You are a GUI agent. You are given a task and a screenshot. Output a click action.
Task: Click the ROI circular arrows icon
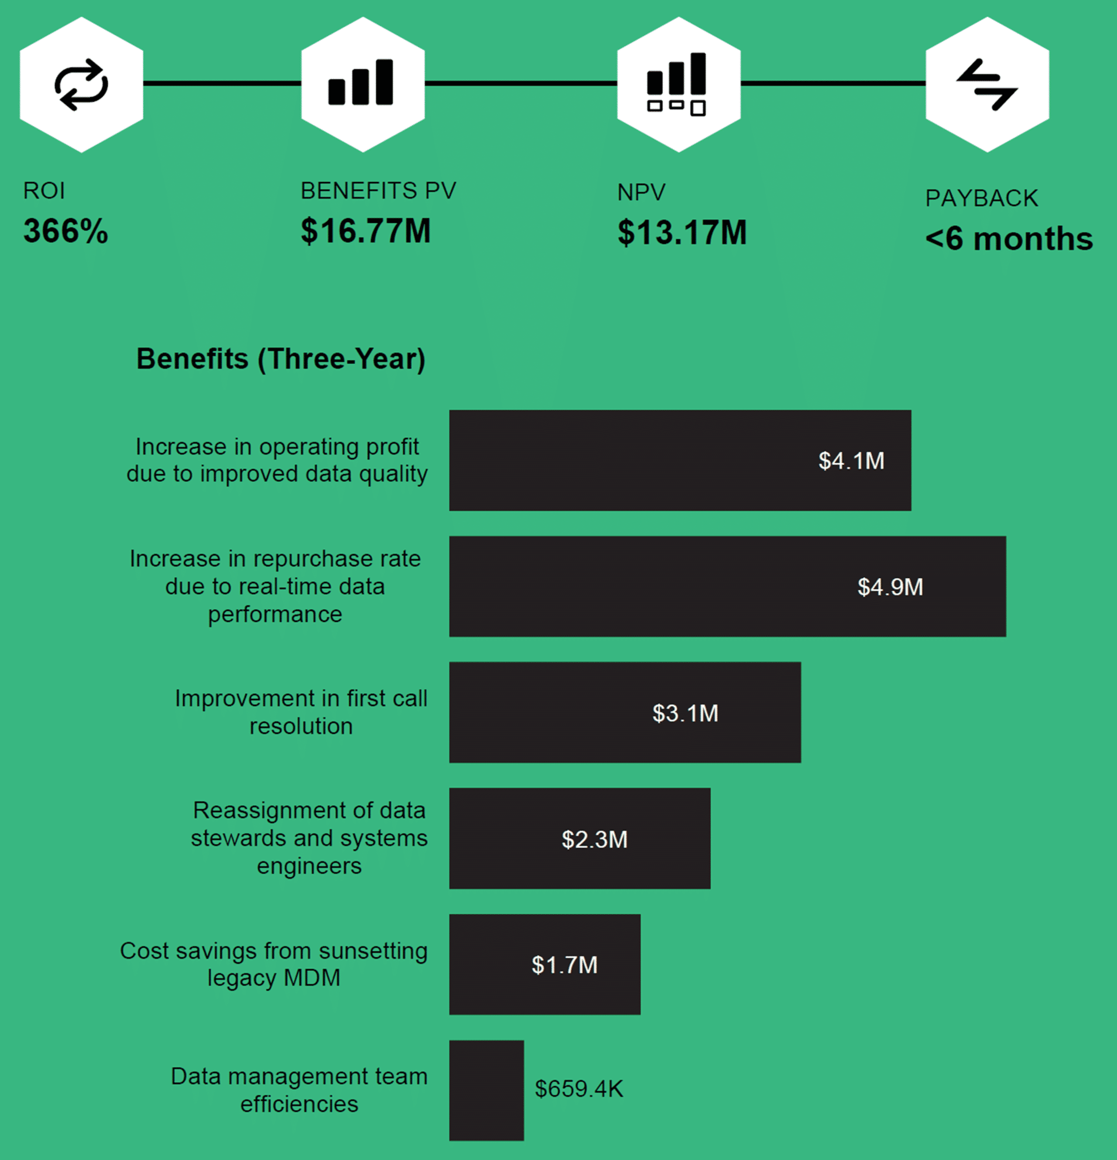(81, 84)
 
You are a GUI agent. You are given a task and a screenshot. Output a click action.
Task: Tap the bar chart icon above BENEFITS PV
(360, 83)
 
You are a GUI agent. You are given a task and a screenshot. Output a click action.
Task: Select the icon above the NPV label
(677, 83)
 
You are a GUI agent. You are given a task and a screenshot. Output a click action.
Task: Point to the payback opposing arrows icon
(987, 84)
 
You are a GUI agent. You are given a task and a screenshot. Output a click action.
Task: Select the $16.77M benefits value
(366, 231)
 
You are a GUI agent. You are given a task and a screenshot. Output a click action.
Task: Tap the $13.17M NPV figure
(682, 233)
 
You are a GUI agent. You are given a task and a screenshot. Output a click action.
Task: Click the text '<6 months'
(1009, 239)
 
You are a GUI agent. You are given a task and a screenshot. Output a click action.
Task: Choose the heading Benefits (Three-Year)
(281, 359)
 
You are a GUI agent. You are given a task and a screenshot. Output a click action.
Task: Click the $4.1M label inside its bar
(851, 460)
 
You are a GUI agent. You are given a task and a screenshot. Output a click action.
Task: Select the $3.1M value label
(685, 713)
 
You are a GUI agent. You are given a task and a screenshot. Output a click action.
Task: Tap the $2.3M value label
(594, 839)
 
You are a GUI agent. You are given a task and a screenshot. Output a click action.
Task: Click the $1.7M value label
(564, 965)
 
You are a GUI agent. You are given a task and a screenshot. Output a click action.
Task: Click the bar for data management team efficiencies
(486, 1090)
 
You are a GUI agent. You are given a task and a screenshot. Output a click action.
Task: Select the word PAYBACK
(981, 198)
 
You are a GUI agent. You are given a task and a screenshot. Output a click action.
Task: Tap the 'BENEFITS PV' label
(378, 191)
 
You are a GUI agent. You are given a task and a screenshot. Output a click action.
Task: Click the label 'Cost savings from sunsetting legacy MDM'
(274, 964)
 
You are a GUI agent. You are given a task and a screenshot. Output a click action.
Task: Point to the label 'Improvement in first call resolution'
(301, 712)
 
